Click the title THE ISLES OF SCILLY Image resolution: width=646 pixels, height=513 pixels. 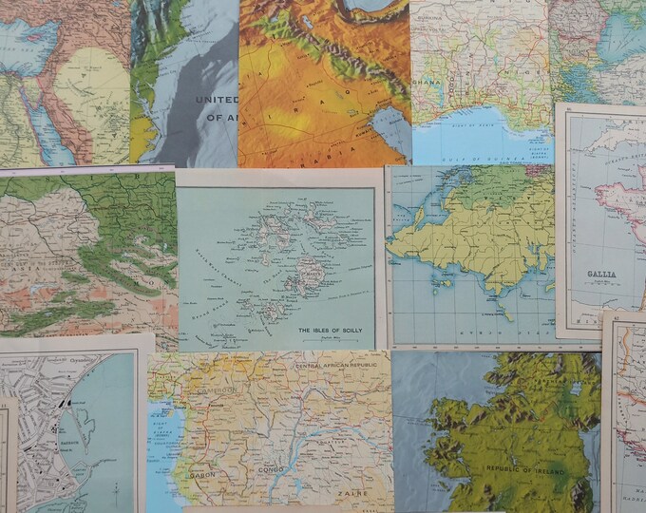pos(332,331)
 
